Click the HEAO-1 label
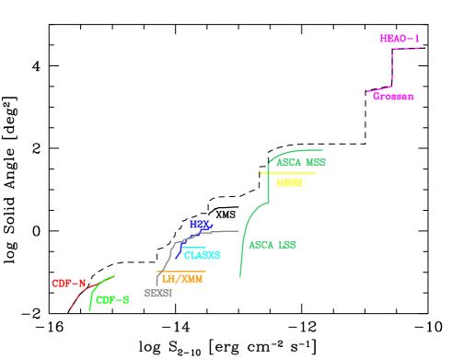(399, 39)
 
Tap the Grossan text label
(393, 96)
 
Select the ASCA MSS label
(301, 162)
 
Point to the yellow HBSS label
(289, 183)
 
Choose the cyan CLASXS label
(202, 255)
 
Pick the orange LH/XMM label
(181, 278)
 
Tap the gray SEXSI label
(158, 293)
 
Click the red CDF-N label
(68, 283)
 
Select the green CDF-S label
(112, 299)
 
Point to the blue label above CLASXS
(201, 224)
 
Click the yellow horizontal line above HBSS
(288, 173)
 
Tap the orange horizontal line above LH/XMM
(181, 271)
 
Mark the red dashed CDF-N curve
(79, 296)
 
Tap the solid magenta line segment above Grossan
(379, 89)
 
